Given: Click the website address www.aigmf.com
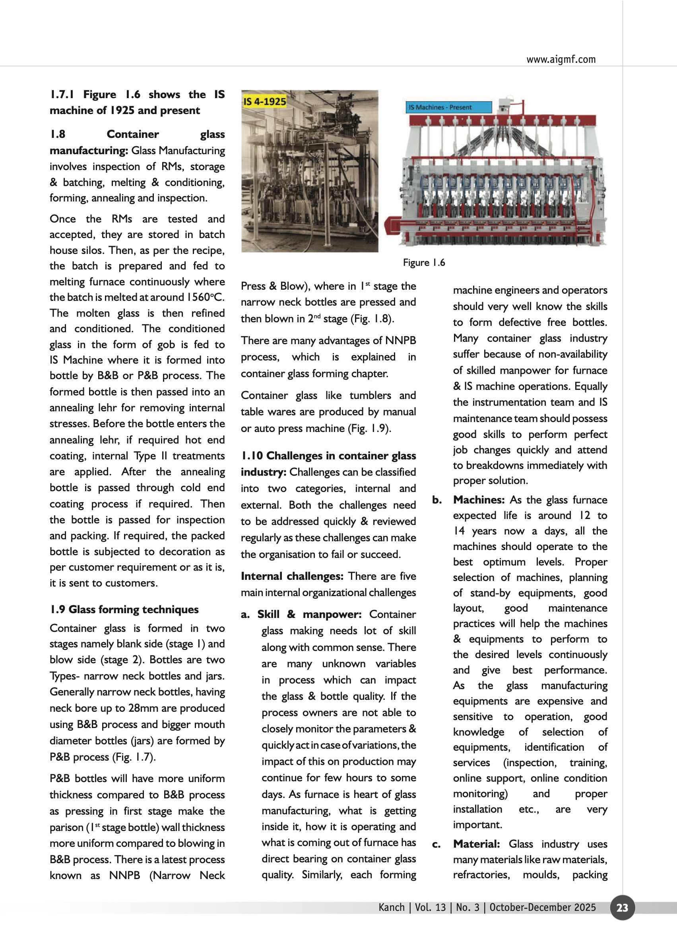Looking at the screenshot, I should click(x=561, y=59).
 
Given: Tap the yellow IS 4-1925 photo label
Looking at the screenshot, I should click(x=265, y=101).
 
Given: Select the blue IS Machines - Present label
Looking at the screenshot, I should click(x=448, y=107).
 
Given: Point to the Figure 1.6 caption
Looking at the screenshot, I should click(x=423, y=263).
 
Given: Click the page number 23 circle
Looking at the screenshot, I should click(x=622, y=907).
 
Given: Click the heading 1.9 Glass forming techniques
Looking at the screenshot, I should click(x=124, y=609).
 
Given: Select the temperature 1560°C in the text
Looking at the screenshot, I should click(x=205, y=297).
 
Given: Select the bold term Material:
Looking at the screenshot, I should click(x=476, y=844).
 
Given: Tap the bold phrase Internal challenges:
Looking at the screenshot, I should click(x=292, y=576).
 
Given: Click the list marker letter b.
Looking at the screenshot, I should click(x=436, y=500).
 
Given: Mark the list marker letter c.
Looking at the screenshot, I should click(x=436, y=844).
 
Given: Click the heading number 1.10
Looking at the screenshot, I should click(x=252, y=455).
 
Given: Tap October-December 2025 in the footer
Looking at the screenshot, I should click(x=542, y=907).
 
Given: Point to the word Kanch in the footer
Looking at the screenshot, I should click(x=392, y=907).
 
